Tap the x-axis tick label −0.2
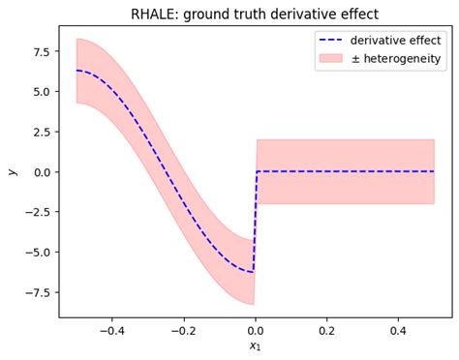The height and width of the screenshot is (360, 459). (182, 330)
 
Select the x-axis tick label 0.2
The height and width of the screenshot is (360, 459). (327, 330)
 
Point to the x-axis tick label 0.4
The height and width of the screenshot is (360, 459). (399, 330)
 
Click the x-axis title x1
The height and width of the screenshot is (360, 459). (255, 347)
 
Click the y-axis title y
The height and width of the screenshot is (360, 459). (13, 171)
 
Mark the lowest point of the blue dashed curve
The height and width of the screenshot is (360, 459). (253, 272)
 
